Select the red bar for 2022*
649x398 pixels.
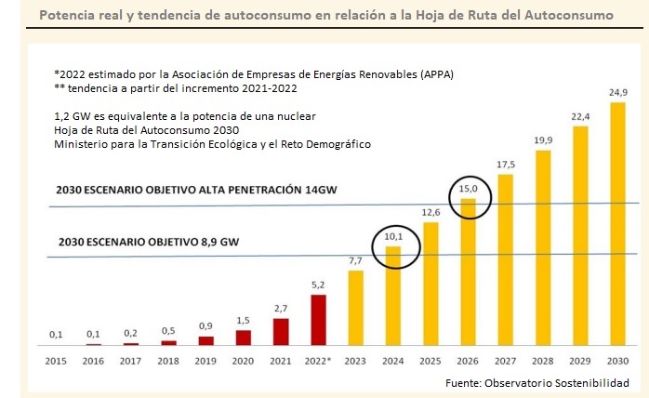319,320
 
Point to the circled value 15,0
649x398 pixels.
470,192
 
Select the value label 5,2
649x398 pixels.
319,285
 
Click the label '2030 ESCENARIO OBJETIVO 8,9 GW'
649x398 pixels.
149,242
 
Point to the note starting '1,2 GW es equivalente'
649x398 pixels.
185,115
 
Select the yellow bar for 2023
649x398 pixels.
356,308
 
